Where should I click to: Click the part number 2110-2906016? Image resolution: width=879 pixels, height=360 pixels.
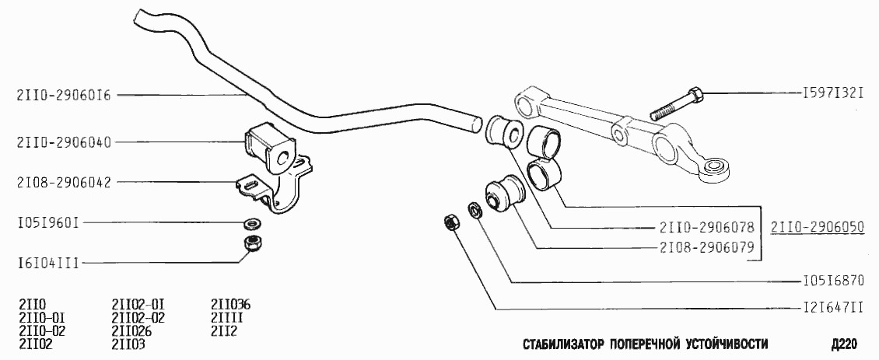[65, 96]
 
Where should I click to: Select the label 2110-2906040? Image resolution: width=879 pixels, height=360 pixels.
[65, 142]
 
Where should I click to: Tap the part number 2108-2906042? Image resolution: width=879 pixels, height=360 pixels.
[65, 183]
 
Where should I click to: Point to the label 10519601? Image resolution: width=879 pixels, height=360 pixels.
[47, 222]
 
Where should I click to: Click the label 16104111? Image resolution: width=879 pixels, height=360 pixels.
[47, 264]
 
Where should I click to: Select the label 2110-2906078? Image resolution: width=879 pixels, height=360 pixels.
[707, 228]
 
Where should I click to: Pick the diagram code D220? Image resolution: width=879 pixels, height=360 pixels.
[843, 344]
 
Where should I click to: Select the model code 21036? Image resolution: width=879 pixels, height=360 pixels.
[231, 304]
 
